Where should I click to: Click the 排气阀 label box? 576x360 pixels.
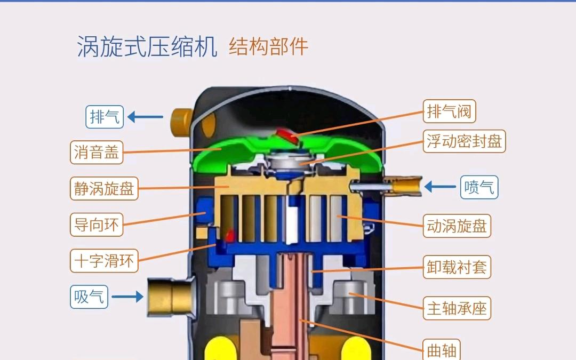(449, 111)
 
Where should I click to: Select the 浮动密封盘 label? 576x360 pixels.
(465, 141)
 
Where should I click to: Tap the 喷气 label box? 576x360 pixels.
(479, 187)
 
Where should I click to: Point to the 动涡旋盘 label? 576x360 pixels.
(457, 226)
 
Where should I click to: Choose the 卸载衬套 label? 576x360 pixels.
(457, 267)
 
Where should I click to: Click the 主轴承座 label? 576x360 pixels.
(457, 308)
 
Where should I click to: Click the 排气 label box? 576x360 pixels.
(105, 117)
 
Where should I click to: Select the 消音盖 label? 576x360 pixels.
(97, 152)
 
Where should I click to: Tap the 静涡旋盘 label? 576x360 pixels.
(104, 188)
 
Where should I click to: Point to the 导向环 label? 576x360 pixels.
(97, 225)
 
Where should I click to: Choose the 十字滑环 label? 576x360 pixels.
(104, 261)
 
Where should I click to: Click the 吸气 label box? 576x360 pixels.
(89, 297)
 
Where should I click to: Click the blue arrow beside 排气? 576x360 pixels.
(146, 117)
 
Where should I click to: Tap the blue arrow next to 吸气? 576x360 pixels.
(127, 297)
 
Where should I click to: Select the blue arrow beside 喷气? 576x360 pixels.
(440, 187)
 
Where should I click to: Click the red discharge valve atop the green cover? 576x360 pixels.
(287, 135)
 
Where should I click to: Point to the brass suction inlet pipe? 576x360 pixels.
(171, 297)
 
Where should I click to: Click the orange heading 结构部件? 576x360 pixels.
(268, 46)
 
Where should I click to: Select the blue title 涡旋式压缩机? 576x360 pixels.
(147, 46)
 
